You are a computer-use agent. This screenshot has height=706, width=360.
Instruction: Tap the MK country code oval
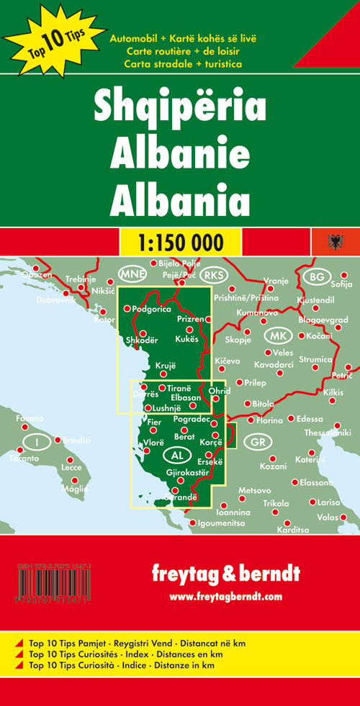click(x=274, y=336)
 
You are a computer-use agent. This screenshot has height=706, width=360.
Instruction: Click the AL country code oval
click(x=176, y=455)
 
